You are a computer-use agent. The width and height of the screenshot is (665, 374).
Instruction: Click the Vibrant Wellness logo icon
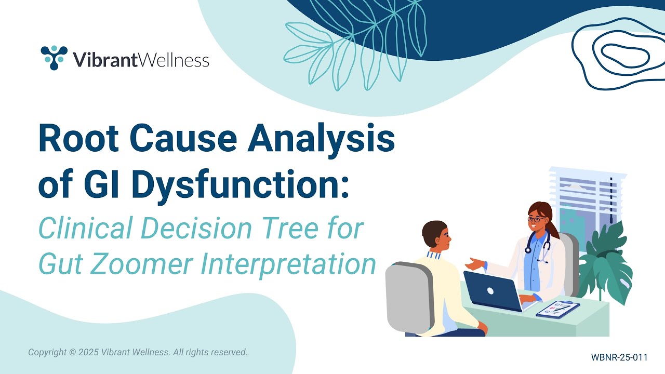tap(54, 58)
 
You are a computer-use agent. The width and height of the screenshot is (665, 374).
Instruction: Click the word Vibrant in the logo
tap(105, 59)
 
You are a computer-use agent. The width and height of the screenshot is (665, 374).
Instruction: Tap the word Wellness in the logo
tap(174, 59)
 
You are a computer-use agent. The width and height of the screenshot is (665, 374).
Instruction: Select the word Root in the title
tap(78, 138)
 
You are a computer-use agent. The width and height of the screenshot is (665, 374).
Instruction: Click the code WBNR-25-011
tap(619, 357)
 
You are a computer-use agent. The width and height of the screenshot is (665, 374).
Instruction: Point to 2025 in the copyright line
tap(88, 352)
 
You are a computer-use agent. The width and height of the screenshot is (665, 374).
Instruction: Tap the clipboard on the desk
tap(558, 309)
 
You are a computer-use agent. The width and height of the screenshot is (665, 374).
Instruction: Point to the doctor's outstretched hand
tap(475, 263)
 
